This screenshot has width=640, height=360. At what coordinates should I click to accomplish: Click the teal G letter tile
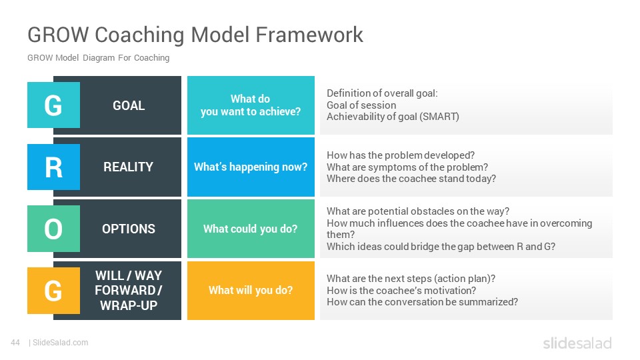(53, 105)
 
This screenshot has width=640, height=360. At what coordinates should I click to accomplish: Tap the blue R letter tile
(53, 167)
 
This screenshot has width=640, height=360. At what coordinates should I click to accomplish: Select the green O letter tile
(53, 229)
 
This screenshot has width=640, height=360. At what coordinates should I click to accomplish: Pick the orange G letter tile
(53, 291)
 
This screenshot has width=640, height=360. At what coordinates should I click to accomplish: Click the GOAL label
(129, 106)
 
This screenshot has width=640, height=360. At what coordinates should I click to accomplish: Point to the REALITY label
(128, 167)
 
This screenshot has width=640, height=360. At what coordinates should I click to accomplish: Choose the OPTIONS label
(129, 229)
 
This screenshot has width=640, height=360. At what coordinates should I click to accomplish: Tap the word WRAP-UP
(129, 305)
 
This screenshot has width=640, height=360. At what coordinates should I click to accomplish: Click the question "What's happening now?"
(251, 167)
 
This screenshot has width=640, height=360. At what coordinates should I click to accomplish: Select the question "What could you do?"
(251, 229)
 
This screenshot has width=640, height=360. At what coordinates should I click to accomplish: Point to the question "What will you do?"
(251, 290)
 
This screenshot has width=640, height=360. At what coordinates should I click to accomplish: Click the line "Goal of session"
(361, 105)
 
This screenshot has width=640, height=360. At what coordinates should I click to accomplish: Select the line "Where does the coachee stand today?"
(411, 179)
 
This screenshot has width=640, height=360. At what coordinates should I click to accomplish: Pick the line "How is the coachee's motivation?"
(401, 291)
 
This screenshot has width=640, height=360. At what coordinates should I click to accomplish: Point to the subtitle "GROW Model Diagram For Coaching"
(99, 58)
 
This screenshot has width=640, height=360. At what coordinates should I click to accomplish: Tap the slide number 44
(15, 343)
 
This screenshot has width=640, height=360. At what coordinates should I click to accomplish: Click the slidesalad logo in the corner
(577, 343)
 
